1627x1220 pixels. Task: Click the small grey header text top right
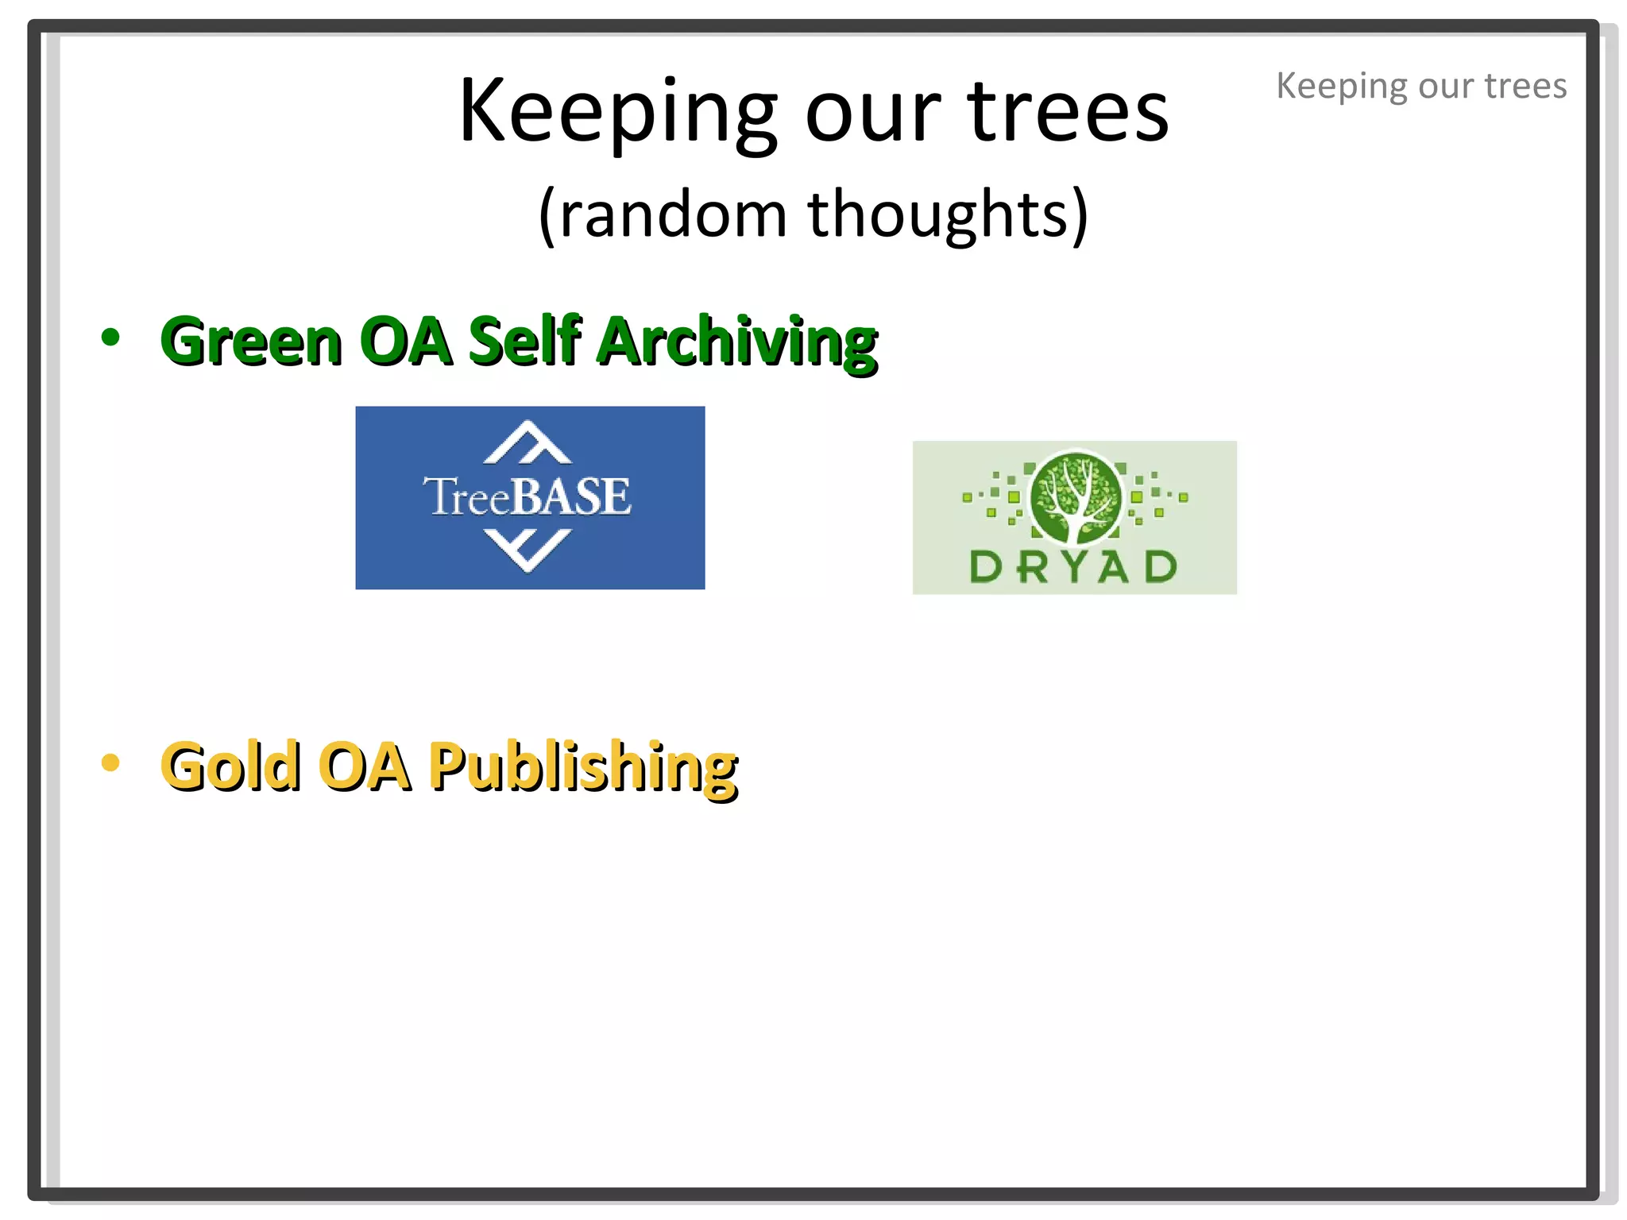click(1421, 86)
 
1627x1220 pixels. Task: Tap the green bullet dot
click(110, 337)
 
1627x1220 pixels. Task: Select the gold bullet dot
click(110, 763)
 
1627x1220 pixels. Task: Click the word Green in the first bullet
click(251, 341)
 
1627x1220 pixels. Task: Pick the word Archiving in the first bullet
click(737, 341)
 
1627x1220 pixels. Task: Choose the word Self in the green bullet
click(524, 341)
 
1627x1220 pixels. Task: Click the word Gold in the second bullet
click(231, 766)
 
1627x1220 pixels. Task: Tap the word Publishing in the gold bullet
click(583, 766)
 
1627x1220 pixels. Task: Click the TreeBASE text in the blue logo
click(528, 496)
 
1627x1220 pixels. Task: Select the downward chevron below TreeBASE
click(528, 550)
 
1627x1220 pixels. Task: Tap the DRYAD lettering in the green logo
click(1073, 567)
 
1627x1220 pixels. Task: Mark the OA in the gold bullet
click(365, 766)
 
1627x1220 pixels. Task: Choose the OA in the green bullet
click(404, 341)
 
